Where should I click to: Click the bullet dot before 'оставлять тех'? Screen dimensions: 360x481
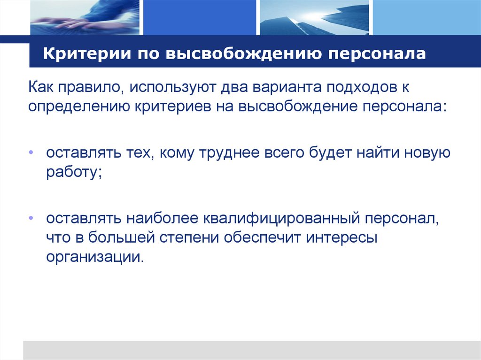(31, 153)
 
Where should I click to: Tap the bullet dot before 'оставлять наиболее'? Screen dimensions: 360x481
(31, 219)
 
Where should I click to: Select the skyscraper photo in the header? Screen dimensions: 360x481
(313, 17)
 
